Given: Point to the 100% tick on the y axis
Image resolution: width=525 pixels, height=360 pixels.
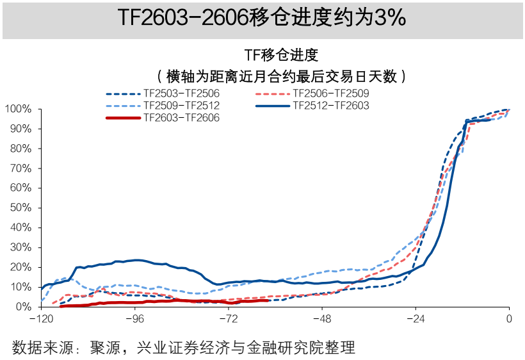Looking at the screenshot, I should pos(18,110).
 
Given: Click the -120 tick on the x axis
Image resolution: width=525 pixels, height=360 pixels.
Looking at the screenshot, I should pos(40,318).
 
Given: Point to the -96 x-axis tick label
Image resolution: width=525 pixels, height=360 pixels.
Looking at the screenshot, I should pos(134,318).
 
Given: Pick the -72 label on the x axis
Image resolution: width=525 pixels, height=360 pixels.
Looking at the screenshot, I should pos(228,318).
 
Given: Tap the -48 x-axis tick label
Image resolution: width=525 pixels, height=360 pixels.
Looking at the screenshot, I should pos(321,318).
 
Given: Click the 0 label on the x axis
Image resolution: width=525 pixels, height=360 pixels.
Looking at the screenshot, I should pos(509,318).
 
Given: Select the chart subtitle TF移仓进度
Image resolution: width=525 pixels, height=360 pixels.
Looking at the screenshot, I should pos(281,55).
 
